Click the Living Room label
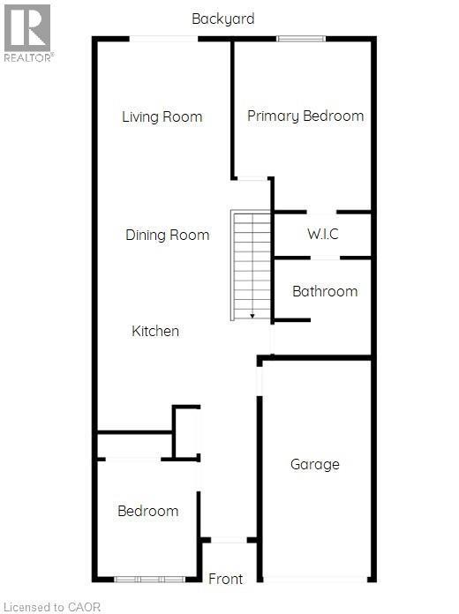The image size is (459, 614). tap(162, 116)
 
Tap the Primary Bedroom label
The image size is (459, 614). tap(305, 116)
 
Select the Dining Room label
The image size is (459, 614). tap(168, 235)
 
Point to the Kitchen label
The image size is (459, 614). tap(155, 331)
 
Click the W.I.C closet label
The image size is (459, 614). tap(323, 234)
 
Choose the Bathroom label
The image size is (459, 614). tap(325, 291)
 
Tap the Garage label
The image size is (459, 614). tap(315, 464)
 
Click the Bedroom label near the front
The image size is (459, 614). tap(147, 511)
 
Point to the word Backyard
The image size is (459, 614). tap(223, 19)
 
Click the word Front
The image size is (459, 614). tap(225, 579)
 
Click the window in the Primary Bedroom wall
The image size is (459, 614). tap(301, 39)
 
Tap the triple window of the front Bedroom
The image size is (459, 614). tap(149, 579)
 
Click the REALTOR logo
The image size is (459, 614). tap(27, 33)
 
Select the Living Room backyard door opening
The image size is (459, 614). tap(164, 39)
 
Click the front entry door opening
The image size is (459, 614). tap(229, 540)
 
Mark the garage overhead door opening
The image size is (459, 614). tap(315, 579)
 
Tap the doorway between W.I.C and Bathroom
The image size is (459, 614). tap(325, 258)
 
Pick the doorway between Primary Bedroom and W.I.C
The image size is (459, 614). tap(321, 213)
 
